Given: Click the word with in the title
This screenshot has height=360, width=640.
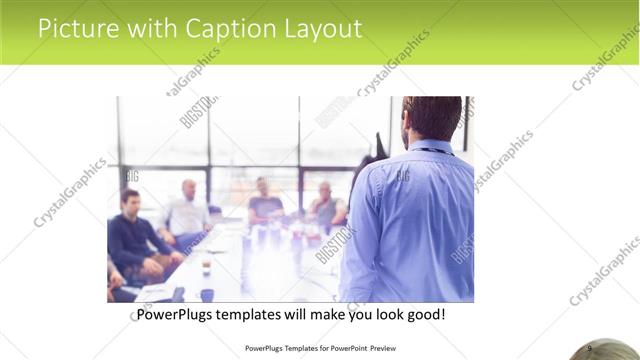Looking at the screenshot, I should pyautogui.click(x=148, y=29).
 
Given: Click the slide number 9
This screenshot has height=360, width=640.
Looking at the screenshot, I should pyautogui.click(x=589, y=347).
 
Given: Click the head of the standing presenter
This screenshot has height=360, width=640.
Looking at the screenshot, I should pyautogui.click(x=432, y=119).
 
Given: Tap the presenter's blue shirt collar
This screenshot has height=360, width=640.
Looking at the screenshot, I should pyautogui.click(x=432, y=148).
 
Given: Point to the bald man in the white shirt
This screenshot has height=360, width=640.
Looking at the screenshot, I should pyautogui.click(x=187, y=210).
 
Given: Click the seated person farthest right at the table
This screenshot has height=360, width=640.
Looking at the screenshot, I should pyautogui.click(x=326, y=205).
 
